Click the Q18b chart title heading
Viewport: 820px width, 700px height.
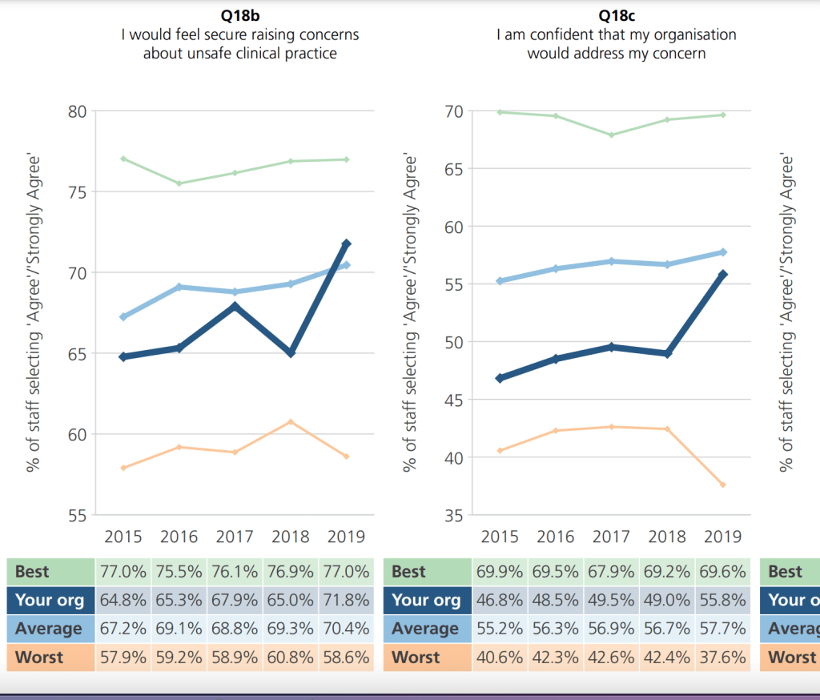pos(239,14)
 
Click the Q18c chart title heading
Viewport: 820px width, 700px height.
pos(616,14)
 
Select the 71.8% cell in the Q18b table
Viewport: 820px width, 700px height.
pos(346,600)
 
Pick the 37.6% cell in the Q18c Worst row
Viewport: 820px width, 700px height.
pos(722,658)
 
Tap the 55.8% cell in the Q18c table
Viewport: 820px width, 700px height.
pos(722,600)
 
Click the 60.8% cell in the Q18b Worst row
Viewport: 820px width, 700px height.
pos(291,658)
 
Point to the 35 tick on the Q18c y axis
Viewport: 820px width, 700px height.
pos(453,515)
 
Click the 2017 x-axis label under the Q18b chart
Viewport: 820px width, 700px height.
pos(235,537)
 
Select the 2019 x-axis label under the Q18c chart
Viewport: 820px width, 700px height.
pos(722,537)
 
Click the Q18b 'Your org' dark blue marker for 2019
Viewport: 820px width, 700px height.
pos(347,243)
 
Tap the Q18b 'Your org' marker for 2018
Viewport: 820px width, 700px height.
pos(291,353)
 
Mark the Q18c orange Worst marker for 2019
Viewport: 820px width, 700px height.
pos(722,485)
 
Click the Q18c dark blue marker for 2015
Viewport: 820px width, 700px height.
pos(500,378)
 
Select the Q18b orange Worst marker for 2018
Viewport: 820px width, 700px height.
pos(291,421)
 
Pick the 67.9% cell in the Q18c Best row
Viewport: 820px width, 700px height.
pos(611,572)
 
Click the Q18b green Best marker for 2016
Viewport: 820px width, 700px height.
pos(179,183)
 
